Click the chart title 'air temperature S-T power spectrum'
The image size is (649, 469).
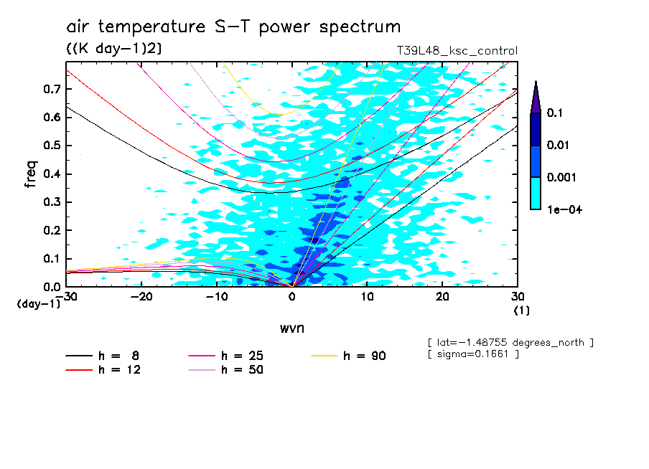233,28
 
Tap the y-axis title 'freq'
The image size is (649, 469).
31,175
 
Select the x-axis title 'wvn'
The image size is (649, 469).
291,328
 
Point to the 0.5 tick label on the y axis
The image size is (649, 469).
51,146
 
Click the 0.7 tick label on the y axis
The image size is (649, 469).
51,89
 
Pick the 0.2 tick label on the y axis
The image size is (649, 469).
51,230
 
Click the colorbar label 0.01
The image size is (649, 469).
557,145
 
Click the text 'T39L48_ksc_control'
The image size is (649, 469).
457,51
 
